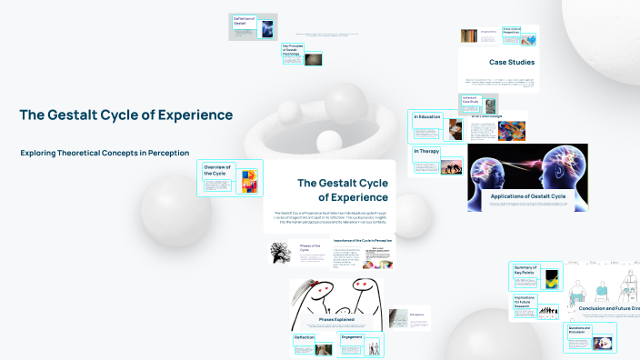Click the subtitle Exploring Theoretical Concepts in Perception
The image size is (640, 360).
pyautogui.click(x=105, y=153)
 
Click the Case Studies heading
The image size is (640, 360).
pyautogui.click(x=512, y=63)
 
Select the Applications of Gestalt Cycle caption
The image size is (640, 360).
pyautogui.click(x=527, y=195)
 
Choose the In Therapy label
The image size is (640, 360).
pyautogui.click(x=425, y=151)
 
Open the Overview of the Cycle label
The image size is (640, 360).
pyautogui.click(x=217, y=170)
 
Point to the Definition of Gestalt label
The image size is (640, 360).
pyautogui.click(x=244, y=21)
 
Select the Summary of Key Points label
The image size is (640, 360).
pyautogui.click(x=526, y=269)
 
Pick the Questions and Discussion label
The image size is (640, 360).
pyautogui.click(x=579, y=331)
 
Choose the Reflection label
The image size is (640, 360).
pyautogui.click(x=304, y=338)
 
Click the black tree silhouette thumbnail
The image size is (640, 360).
pyautogui.click(x=280, y=253)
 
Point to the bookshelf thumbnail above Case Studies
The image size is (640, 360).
pyautogui.click(x=468, y=37)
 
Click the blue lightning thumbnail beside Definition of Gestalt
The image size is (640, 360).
pyautogui.click(x=268, y=27)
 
